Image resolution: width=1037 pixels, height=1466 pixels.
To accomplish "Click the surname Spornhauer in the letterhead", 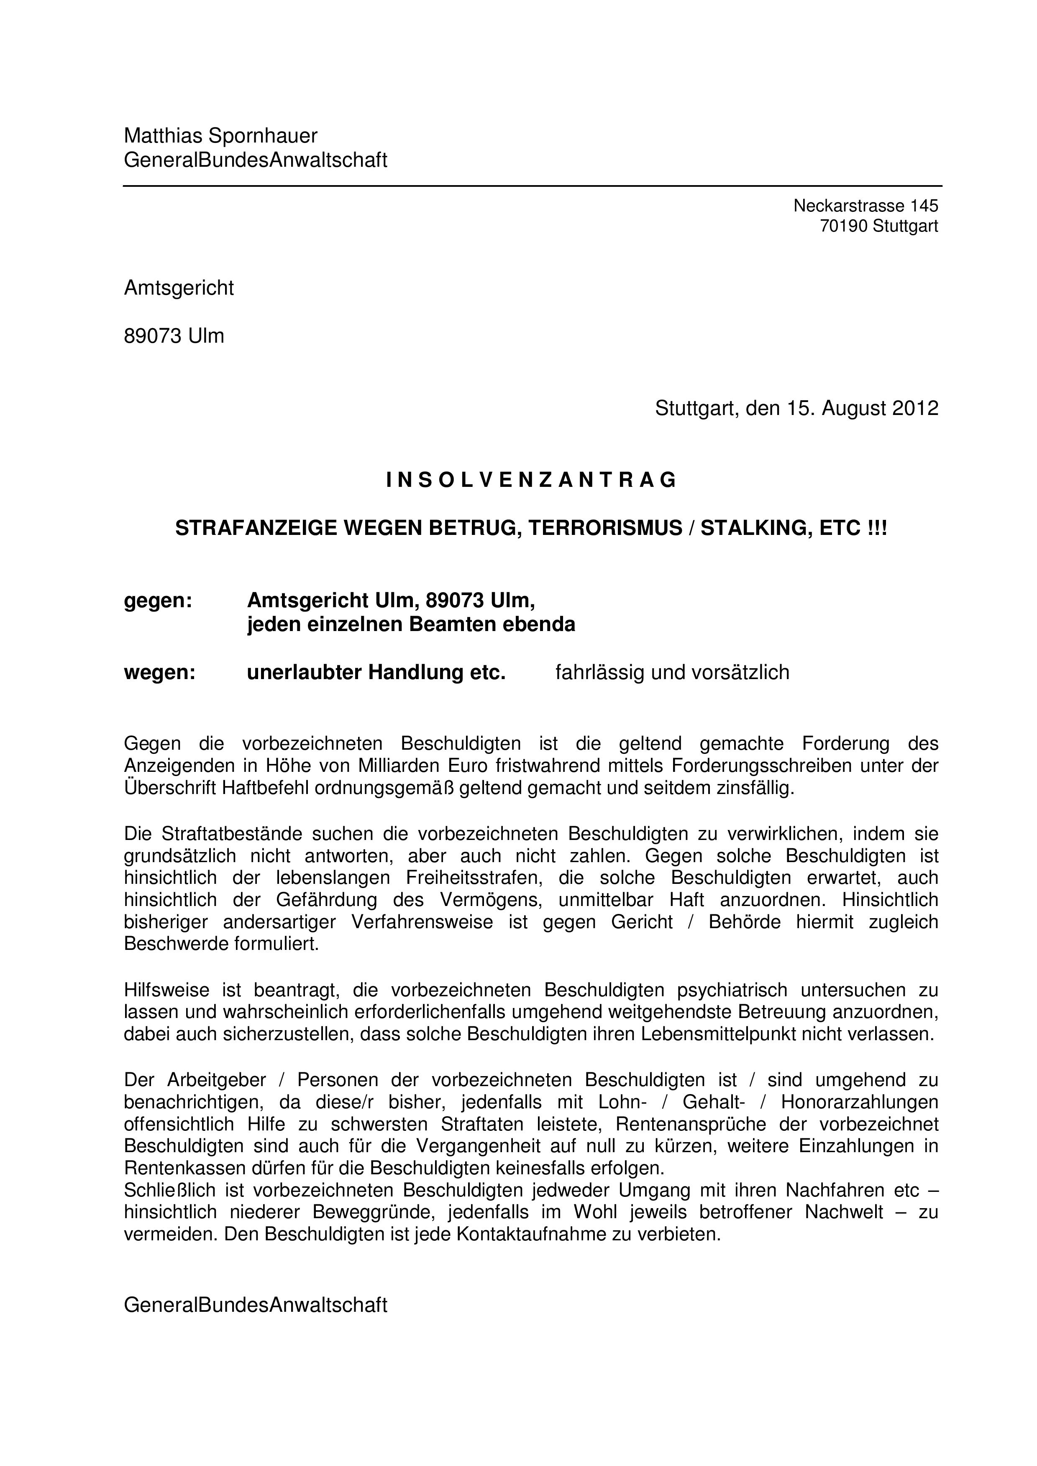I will click(263, 136).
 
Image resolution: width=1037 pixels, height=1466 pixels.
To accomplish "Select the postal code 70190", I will click(843, 226).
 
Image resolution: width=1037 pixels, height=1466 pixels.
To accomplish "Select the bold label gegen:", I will click(158, 601).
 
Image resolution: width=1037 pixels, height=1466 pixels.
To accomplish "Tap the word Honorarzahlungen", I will click(859, 1102).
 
